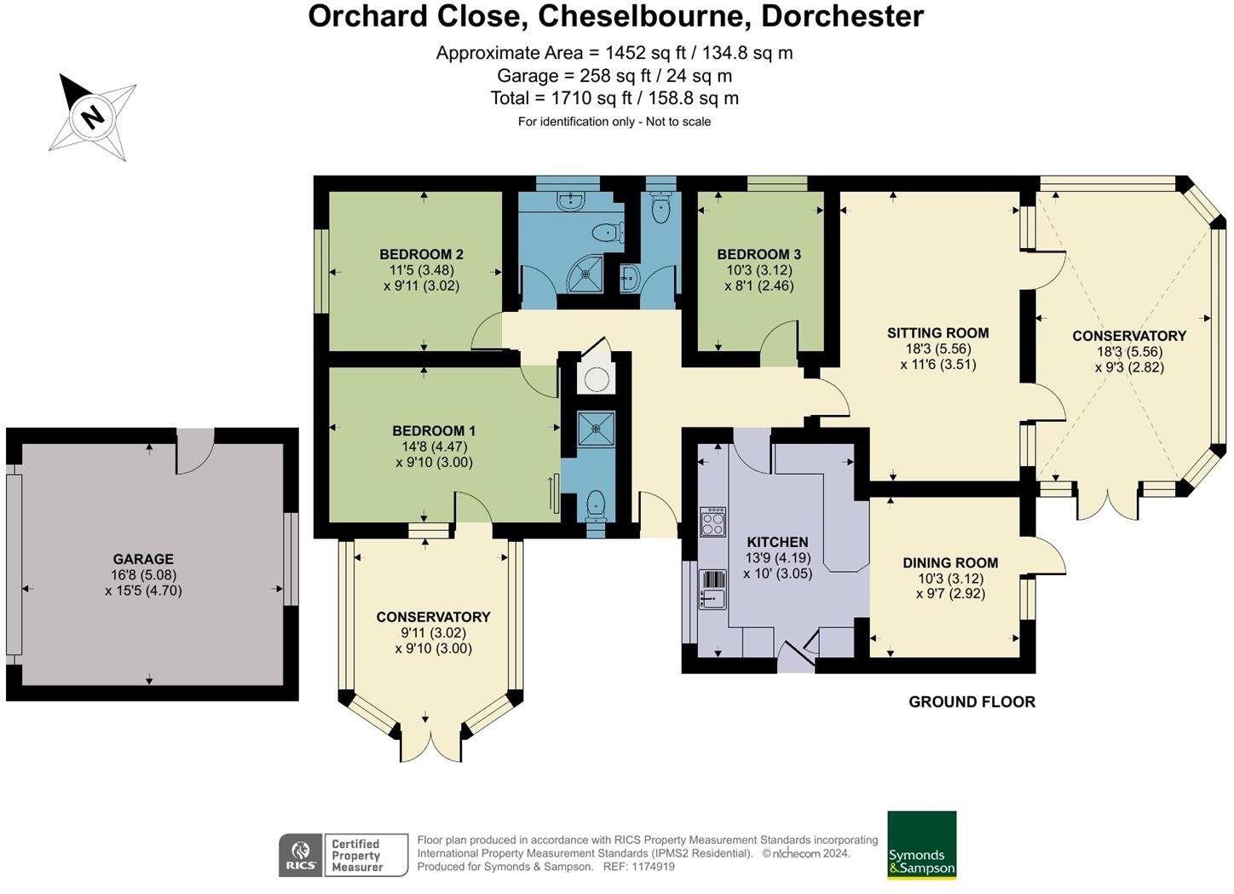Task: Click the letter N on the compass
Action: [92, 116]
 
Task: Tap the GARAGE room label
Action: [143, 558]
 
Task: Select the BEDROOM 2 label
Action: [422, 254]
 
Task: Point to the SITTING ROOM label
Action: [937, 332]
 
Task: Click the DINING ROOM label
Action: [950, 562]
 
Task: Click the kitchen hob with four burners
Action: [712, 522]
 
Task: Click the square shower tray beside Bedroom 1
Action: [596, 429]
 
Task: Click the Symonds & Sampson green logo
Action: [921, 845]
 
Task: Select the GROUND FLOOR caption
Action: [972, 701]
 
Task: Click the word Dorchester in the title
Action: [842, 16]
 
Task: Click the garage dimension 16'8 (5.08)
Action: [143, 575]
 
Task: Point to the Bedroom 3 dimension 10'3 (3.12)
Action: [759, 270]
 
